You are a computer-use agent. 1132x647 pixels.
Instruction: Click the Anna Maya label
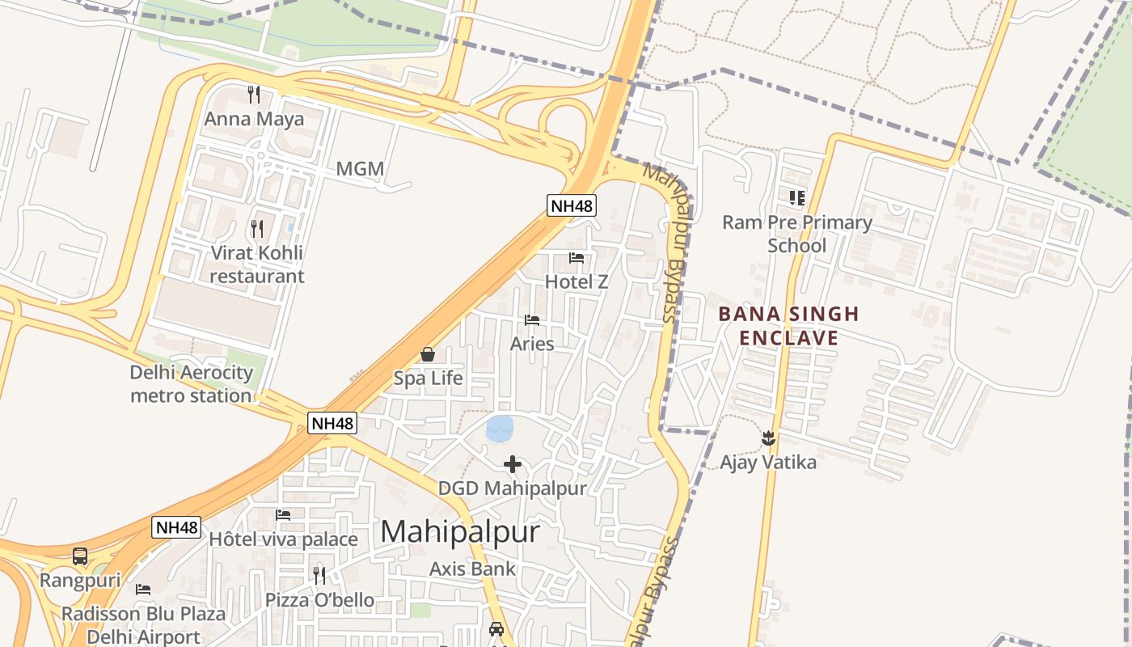click(254, 120)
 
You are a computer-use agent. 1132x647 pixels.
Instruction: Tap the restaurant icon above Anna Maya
click(254, 95)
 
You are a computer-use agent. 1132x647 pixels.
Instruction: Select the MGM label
click(360, 170)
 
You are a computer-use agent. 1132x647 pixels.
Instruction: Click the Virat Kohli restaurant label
click(257, 264)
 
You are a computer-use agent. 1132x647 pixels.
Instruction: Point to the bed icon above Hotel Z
click(577, 258)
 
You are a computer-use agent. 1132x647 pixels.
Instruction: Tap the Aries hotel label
click(532, 344)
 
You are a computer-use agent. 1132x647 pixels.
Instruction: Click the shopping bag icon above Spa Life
click(428, 354)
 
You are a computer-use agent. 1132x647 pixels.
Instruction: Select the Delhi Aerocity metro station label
click(192, 384)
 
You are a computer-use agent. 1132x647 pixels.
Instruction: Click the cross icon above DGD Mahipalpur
click(513, 464)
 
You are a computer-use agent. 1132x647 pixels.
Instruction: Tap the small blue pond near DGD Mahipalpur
click(500, 428)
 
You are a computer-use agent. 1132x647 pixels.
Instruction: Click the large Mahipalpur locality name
click(459, 531)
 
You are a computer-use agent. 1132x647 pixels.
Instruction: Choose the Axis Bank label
click(472, 569)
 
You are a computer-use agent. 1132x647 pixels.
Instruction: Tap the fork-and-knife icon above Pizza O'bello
click(319, 575)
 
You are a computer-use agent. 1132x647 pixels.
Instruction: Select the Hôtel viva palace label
click(283, 539)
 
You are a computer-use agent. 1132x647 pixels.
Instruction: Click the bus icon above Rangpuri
click(80, 556)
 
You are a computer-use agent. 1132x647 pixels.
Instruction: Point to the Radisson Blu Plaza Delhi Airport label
click(143, 625)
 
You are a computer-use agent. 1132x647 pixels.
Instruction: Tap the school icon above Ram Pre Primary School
click(797, 197)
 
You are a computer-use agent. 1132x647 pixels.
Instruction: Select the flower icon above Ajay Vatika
click(768, 438)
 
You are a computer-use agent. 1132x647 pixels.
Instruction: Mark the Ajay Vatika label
click(768, 463)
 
